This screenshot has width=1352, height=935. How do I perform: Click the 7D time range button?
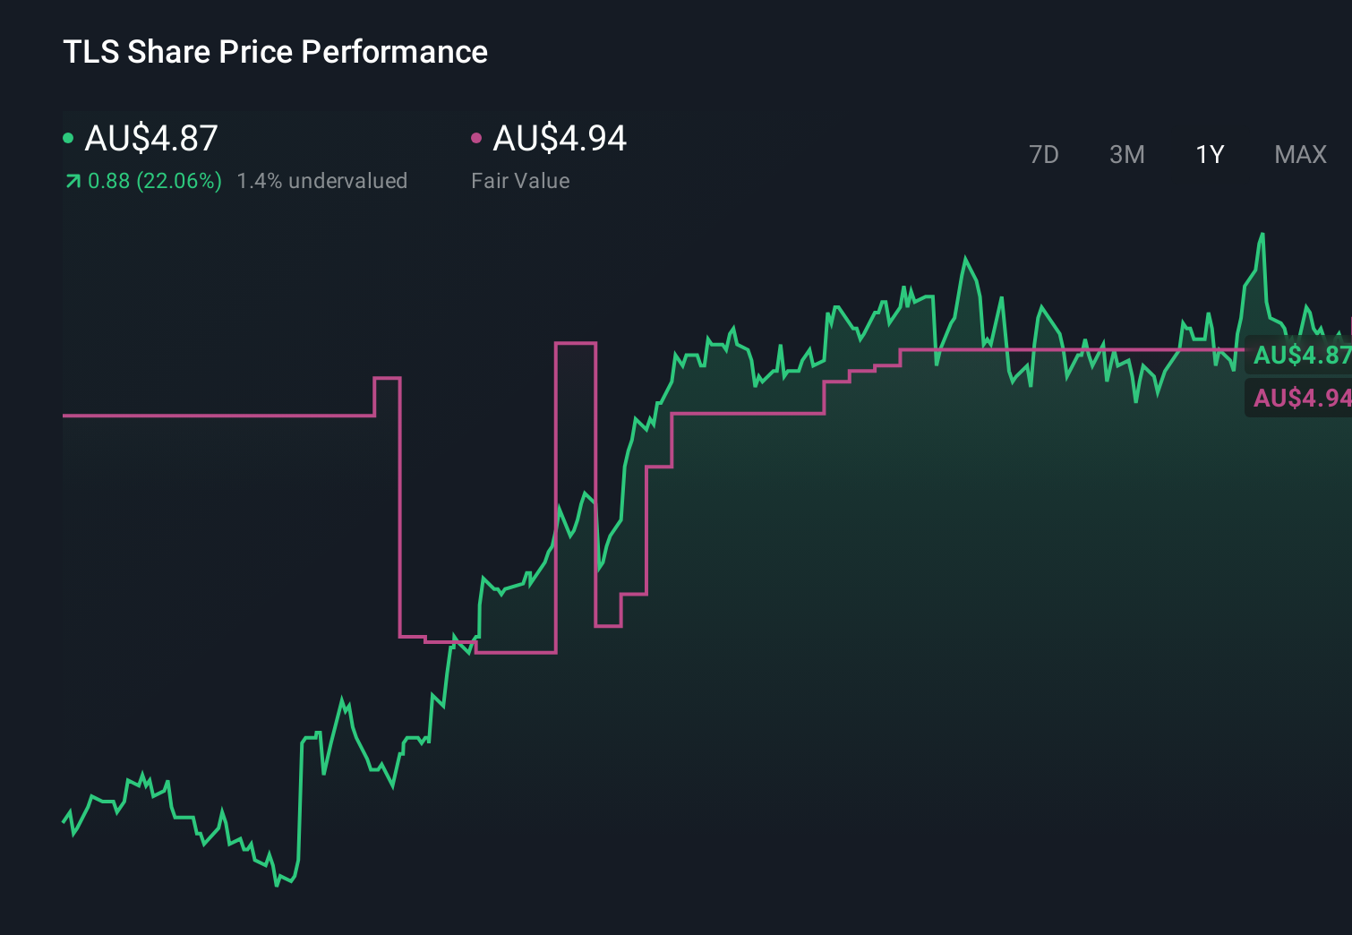coord(1043,155)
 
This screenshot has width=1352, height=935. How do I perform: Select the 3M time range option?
coord(1126,155)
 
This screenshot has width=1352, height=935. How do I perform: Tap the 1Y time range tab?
coord(1210,155)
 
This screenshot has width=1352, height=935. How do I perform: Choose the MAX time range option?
coord(1300,155)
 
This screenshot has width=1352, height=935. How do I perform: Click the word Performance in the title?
coord(394,52)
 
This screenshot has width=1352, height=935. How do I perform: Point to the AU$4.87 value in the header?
coord(151,139)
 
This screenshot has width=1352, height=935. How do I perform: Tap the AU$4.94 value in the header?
coord(560,139)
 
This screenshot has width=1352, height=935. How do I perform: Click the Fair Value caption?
coord(520,181)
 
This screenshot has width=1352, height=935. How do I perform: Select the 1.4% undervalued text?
coord(321,181)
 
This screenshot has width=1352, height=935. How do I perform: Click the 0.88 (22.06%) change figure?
coord(154,181)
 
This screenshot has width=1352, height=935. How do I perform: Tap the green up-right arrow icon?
coord(73,182)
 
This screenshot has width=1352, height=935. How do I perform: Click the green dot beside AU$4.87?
coord(68,138)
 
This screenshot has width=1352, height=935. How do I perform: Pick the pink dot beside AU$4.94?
coord(476,138)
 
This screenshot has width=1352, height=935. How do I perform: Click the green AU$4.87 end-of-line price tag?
coord(1300,355)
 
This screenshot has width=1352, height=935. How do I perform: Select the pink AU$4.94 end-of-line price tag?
coord(1300,398)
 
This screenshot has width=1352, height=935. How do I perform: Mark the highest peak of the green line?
coord(1262,235)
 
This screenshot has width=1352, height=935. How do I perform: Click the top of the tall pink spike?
coord(576,343)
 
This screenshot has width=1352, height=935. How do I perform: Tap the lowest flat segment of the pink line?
coord(516,652)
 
